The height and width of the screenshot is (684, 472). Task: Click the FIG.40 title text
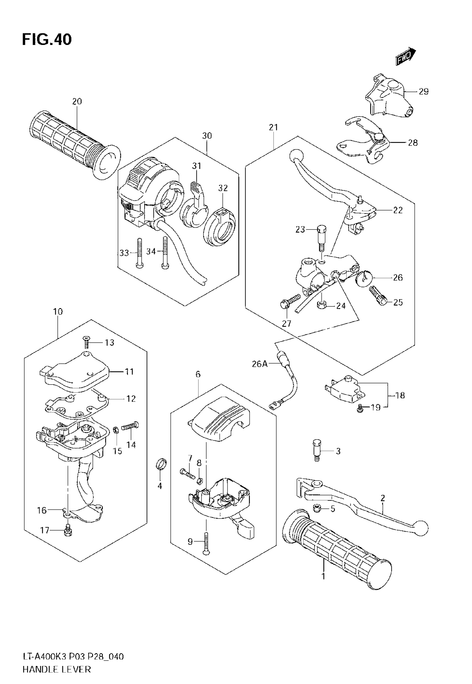47,40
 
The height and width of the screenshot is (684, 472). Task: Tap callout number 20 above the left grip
77,101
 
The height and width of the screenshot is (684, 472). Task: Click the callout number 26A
259,364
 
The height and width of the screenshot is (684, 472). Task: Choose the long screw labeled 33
139,253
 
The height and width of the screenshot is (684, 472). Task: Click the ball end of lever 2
421,527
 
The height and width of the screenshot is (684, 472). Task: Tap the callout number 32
223,188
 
